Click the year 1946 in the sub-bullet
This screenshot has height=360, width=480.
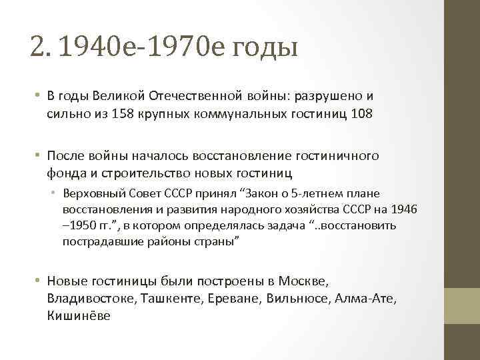(x=404, y=209)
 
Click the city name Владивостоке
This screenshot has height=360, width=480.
(x=91, y=299)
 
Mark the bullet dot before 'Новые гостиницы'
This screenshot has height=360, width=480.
(x=40, y=281)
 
